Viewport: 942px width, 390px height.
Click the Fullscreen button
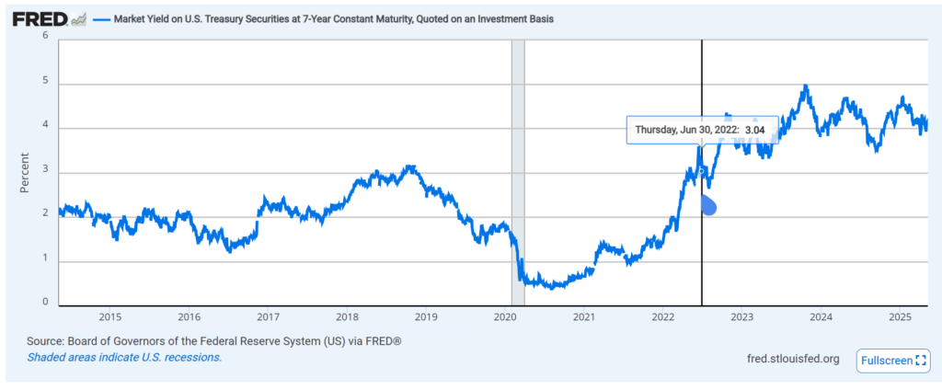pyautogui.click(x=893, y=360)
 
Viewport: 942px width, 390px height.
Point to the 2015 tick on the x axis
pyautogui.click(x=110, y=317)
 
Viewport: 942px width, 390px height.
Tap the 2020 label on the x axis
pyautogui.click(x=505, y=317)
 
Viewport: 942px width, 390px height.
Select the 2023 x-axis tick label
pyautogui.click(x=742, y=317)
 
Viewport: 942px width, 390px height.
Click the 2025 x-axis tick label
pyautogui.click(x=901, y=317)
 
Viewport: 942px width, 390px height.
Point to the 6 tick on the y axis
pyautogui.click(x=45, y=35)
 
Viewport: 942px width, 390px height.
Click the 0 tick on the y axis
pyautogui.click(x=45, y=303)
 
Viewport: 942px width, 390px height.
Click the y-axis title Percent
pyautogui.click(x=25, y=171)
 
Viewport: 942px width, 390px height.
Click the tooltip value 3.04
pyautogui.click(x=755, y=131)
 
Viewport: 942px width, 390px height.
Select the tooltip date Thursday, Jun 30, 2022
pyautogui.click(x=684, y=131)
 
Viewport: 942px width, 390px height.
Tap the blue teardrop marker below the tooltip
pyautogui.click(x=708, y=206)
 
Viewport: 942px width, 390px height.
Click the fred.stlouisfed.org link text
pyautogui.click(x=793, y=359)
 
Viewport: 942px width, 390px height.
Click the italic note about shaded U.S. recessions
pyautogui.click(x=124, y=357)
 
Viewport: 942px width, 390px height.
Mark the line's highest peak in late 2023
pyautogui.click(x=806, y=86)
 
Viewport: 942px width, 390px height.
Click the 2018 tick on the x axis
pyautogui.click(x=347, y=317)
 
